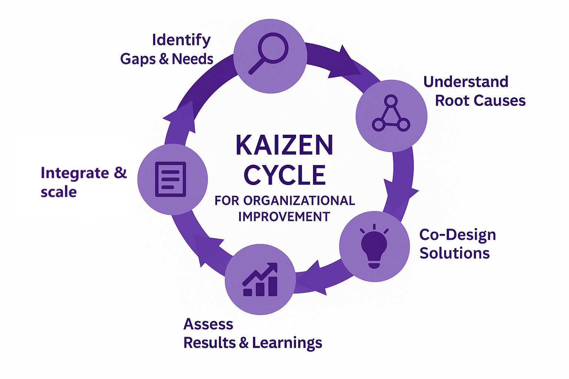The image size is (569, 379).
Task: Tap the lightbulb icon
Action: coord(374,246)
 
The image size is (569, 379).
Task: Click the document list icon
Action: coord(171,179)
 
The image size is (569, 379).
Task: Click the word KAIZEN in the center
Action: coord(284,145)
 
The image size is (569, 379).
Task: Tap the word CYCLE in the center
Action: coord(284,175)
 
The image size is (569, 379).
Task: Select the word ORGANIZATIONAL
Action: coord(299,201)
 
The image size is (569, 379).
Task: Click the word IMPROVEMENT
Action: coord(284,217)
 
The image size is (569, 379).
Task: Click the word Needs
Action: coord(193,59)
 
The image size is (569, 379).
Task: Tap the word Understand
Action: coord(466,82)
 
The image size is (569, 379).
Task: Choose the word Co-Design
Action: coord(457,235)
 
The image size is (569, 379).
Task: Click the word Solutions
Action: coord(455,254)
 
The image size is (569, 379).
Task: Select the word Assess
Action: coord(208,324)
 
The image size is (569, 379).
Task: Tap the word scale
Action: coord(59,192)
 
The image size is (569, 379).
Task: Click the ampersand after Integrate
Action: coord(120,172)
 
